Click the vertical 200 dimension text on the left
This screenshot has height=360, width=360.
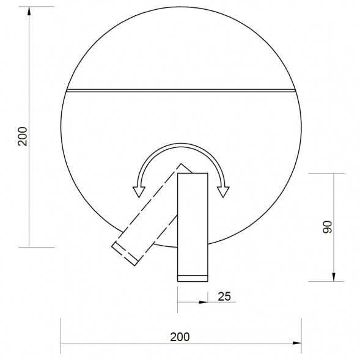click(x=22, y=135)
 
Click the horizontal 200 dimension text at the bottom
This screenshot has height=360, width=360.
click(x=180, y=337)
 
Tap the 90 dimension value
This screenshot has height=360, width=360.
click(x=326, y=227)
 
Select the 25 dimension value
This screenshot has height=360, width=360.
click(x=224, y=296)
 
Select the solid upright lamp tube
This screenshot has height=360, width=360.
click(x=193, y=223)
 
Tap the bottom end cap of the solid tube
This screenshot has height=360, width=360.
click(x=193, y=278)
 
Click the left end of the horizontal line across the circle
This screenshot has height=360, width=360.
click(x=67, y=91)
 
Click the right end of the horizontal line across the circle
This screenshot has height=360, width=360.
click(x=296, y=91)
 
